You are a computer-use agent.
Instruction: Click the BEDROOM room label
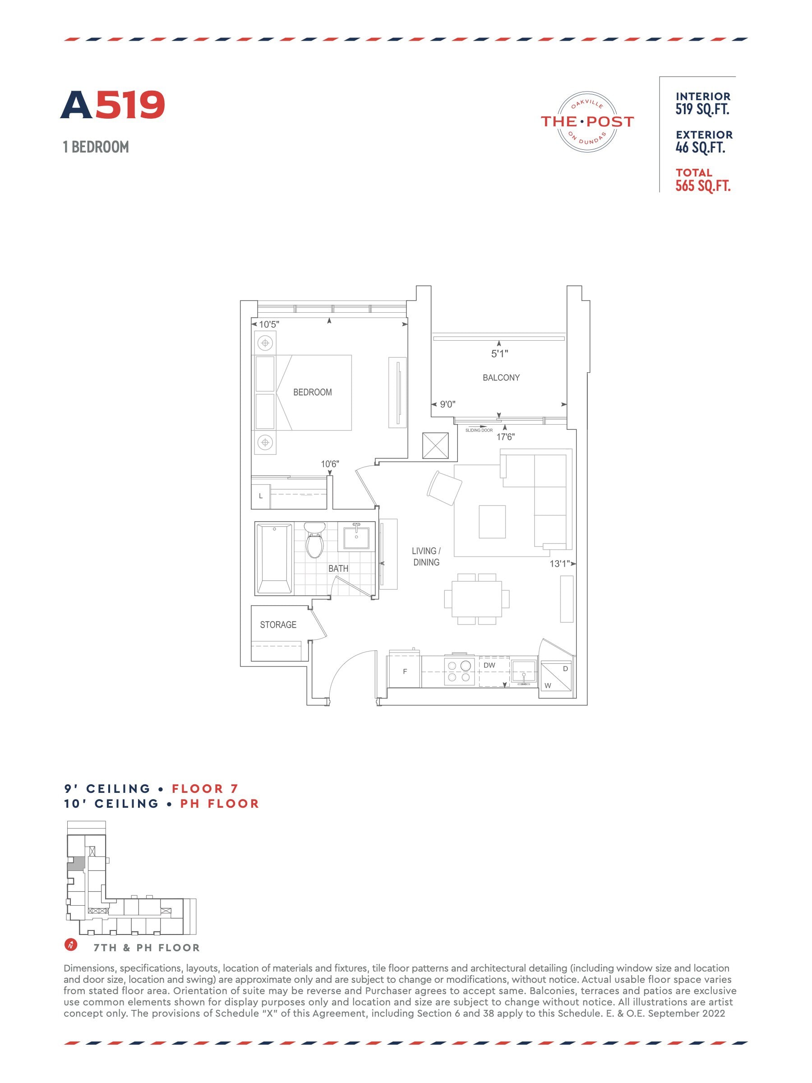[x=312, y=392]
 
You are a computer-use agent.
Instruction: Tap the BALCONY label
[x=501, y=378]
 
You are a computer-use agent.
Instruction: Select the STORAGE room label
[x=278, y=625]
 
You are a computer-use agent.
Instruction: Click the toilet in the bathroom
[x=314, y=540]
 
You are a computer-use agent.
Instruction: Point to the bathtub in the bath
[x=275, y=559]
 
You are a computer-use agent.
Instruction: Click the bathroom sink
[x=356, y=537]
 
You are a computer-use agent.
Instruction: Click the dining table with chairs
[x=477, y=599]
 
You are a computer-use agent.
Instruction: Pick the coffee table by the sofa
[x=492, y=522]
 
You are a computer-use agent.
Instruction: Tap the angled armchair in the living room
[x=444, y=488]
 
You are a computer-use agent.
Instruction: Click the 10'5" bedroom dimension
[x=269, y=324]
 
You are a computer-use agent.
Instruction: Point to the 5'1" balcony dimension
[x=500, y=353]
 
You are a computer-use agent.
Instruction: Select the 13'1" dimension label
[x=559, y=564]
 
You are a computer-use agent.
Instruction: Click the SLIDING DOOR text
[x=479, y=430]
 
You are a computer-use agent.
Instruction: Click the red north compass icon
[x=71, y=944]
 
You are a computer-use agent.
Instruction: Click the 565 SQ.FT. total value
[x=703, y=186]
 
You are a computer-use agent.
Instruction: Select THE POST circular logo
[x=587, y=122]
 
